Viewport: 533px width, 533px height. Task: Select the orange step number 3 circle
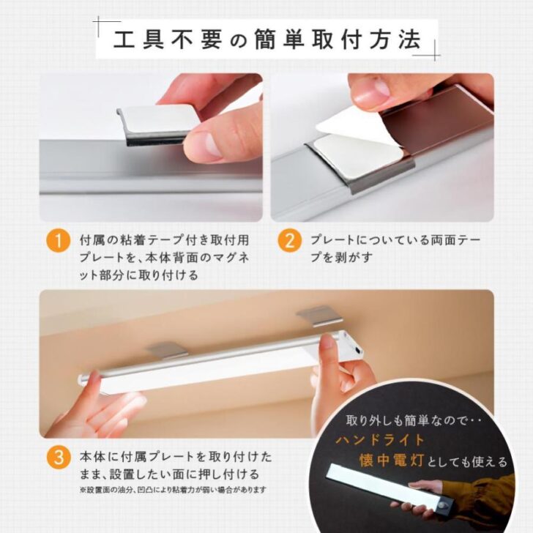tap(58, 457)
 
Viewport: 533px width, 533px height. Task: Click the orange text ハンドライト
tap(381, 440)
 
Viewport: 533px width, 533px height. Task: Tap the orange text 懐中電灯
tap(392, 461)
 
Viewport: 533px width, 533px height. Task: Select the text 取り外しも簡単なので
tap(407, 421)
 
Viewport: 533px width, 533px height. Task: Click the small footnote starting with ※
tap(173, 490)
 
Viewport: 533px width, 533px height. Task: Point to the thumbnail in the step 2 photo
tap(370, 89)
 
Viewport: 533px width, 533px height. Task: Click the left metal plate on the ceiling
tap(166, 350)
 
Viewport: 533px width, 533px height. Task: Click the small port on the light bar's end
tap(357, 351)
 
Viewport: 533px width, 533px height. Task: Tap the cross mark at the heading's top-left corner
tap(98, 22)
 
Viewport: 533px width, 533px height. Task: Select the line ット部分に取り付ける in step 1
tap(138, 275)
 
